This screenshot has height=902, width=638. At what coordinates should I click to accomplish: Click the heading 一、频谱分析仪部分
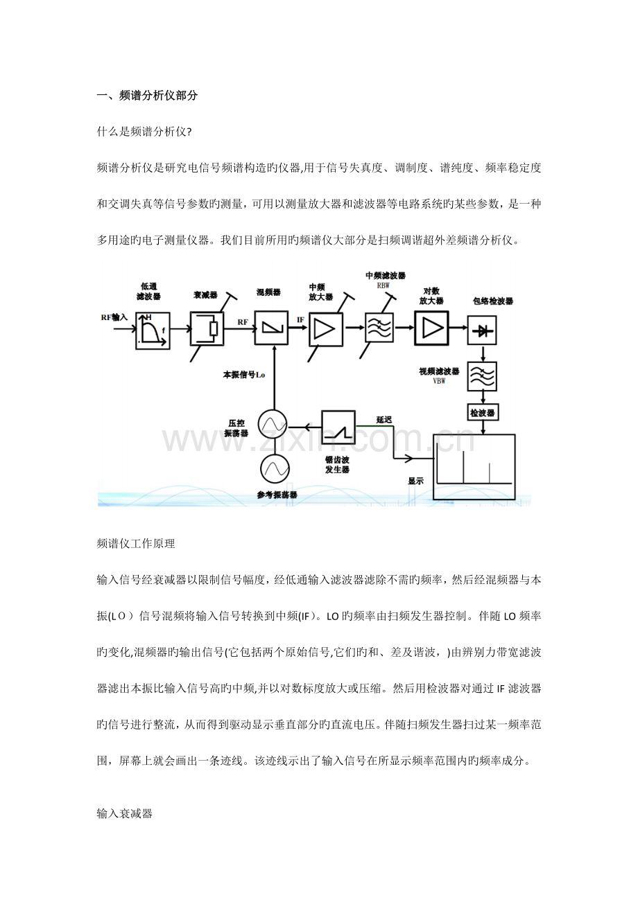coord(148,96)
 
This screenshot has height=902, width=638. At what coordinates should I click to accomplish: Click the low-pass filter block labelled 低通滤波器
coord(151,328)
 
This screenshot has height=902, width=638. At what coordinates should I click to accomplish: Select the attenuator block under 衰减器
coord(206,328)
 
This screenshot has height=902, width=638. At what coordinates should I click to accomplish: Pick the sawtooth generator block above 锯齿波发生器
coord(338,427)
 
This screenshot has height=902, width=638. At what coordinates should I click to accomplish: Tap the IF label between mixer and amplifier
coord(300,321)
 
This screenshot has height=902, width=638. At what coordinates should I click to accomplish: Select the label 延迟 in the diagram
coord(384,420)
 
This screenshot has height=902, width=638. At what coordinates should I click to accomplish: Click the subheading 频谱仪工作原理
coord(136,544)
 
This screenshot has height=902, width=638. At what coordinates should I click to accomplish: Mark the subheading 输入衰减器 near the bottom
coord(125,813)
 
